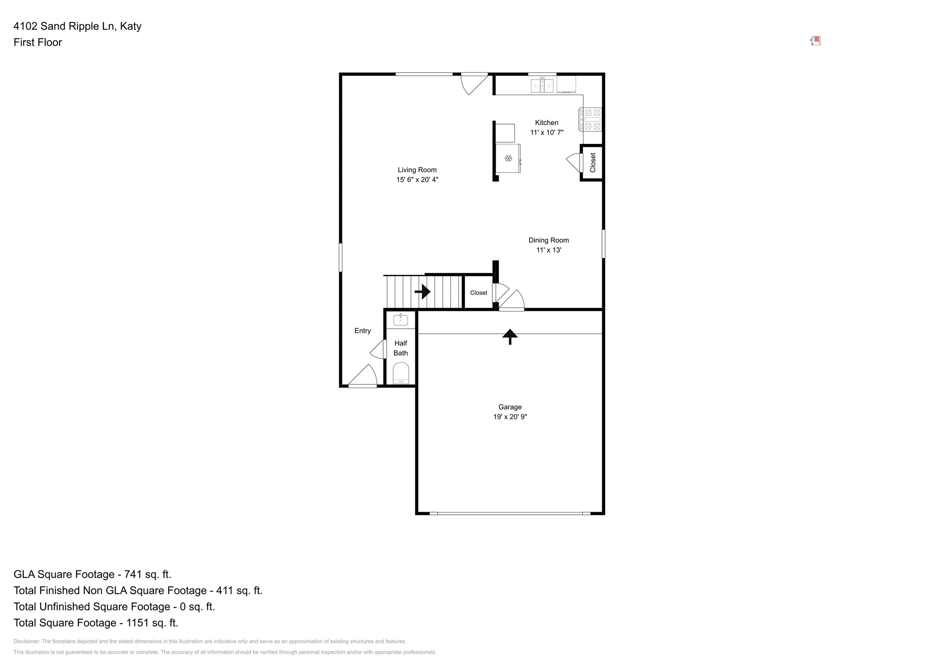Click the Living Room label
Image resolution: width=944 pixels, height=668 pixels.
tap(417, 170)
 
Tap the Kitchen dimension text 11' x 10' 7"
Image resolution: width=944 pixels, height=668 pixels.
tap(547, 133)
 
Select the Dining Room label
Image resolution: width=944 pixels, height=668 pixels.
tap(548, 240)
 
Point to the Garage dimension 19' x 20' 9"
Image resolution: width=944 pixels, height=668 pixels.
tap(510, 417)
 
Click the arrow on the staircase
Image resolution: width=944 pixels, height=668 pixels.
tap(423, 292)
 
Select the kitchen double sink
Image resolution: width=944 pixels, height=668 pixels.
tap(542, 85)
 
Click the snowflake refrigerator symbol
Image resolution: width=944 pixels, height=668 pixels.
tap(508, 158)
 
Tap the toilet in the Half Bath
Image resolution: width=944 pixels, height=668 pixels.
tap(401, 373)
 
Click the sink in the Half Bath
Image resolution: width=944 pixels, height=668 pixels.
tap(400, 320)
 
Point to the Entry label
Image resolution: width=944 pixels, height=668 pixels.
tap(363, 331)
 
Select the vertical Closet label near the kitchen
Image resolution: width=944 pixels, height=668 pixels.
tap(593, 163)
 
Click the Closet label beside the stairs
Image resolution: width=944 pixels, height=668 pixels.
tap(478, 293)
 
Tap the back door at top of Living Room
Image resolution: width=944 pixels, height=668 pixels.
tap(474, 84)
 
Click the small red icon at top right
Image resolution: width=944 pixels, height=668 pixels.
tap(816, 41)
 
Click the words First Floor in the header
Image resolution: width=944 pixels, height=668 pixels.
tap(38, 43)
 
